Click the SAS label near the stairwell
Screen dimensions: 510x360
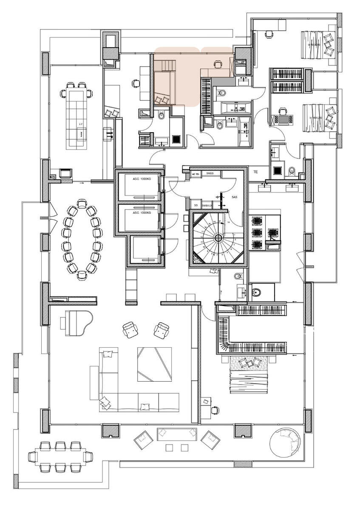(235, 198)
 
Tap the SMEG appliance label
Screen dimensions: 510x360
(210, 173)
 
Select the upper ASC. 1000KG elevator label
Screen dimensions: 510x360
(142, 179)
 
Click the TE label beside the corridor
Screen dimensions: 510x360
(255, 172)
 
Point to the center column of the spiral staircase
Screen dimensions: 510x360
(218, 238)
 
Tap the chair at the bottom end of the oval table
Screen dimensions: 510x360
(82, 275)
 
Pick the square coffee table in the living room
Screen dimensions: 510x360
(154, 364)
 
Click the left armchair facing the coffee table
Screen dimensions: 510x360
(130, 330)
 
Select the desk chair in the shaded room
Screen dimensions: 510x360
(218, 64)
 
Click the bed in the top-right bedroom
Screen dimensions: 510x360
(320, 44)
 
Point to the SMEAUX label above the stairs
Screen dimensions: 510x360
(207, 205)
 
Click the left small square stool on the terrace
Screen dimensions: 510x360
(170, 448)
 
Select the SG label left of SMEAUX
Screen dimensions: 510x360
(196, 205)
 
